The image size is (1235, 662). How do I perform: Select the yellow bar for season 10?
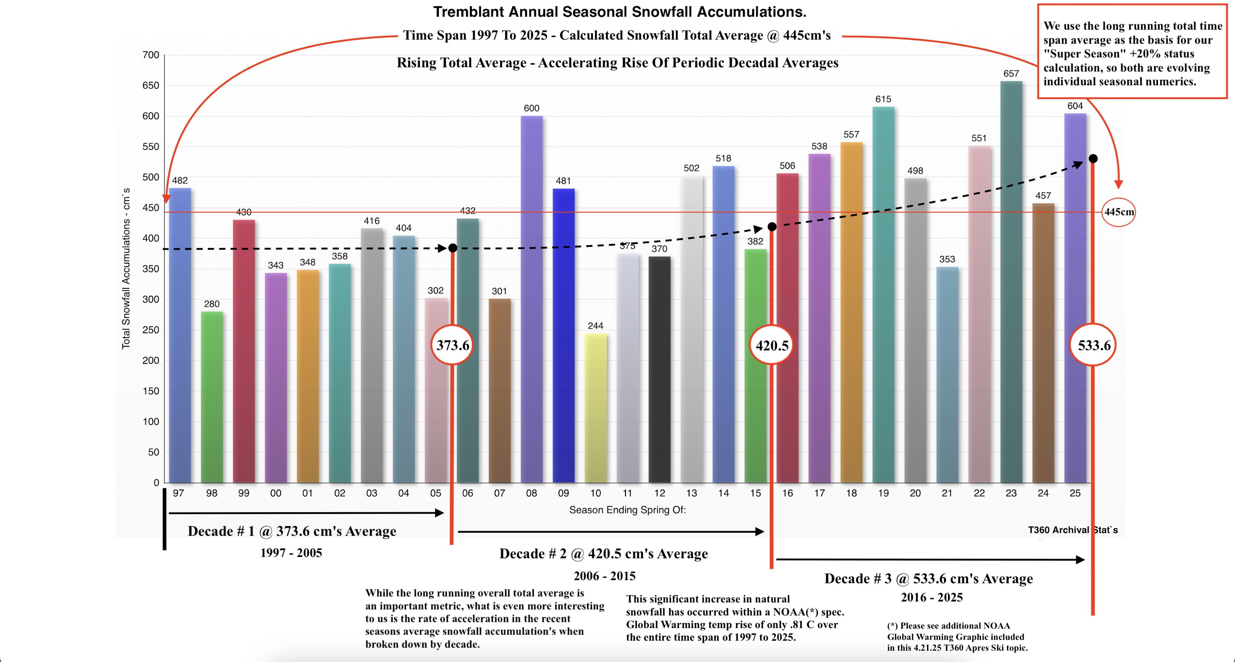pyautogui.click(x=595, y=408)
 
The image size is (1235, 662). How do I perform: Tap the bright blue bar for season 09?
pyautogui.click(x=563, y=336)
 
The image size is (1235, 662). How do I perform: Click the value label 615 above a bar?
pyautogui.click(x=883, y=99)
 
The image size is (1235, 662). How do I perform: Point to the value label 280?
pyautogui.click(x=211, y=304)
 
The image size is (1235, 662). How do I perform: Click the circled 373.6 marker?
pyautogui.click(x=452, y=345)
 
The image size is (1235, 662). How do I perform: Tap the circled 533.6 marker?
pyautogui.click(x=1093, y=345)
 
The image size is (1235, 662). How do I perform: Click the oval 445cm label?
pyautogui.click(x=1118, y=212)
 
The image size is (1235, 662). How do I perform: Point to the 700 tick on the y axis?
pyautogui.click(x=151, y=55)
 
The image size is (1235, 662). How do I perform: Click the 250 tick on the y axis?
pyautogui.click(x=151, y=330)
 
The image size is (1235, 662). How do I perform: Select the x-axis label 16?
pyautogui.click(x=787, y=493)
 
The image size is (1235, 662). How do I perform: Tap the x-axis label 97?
pyautogui.click(x=178, y=493)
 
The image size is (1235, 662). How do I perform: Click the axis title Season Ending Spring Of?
pyautogui.click(x=627, y=510)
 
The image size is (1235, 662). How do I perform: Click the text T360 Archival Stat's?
pyautogui.click(x=1072, y=530)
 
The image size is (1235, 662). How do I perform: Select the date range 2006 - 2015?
pyautogui.click(x=604, y=576)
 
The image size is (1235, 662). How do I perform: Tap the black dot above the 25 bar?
pyautogui.click(x=1093, y=159)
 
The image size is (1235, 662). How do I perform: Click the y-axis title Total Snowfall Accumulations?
pyautogui.click(x=126, y=269)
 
